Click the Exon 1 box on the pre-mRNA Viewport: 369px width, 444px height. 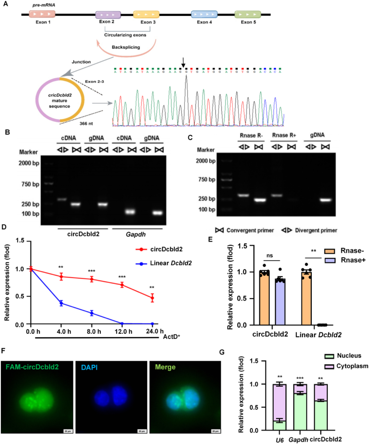pyautogui.click(x=42, y=14)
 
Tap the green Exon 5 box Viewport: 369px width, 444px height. pyautogui.click(x=248, y=15)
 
